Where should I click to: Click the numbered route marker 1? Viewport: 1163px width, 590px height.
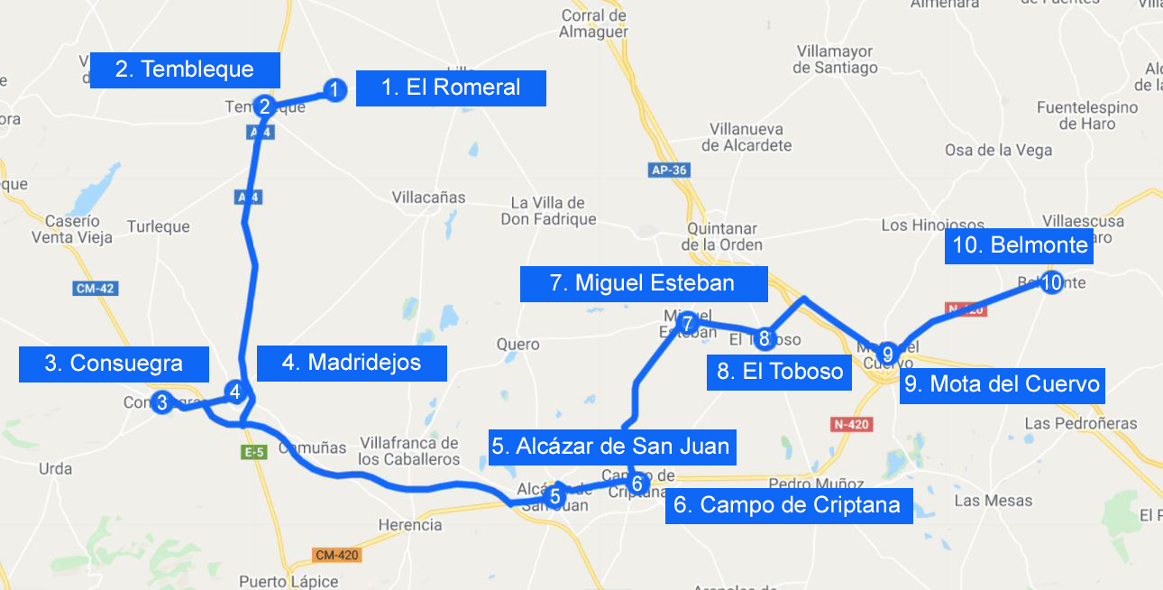tap(334, 89)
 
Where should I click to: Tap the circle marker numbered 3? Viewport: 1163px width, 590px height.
tap(162, 402)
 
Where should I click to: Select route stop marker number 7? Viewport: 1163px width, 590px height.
tap(687, 323)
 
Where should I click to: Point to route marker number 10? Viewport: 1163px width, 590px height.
tap(1051, 282)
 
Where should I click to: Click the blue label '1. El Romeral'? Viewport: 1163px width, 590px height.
tap(451, 88)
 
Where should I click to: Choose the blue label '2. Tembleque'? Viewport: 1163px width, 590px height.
tap(185, 69)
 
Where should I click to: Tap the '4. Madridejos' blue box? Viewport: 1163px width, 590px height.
tap(352, 363)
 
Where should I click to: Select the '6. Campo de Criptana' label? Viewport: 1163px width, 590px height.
tap(788, 505)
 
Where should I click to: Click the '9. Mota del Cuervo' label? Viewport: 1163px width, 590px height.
tap(1003, 384)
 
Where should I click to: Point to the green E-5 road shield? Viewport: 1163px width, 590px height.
tap(254, 453)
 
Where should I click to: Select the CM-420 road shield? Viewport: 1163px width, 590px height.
tap(337, 555)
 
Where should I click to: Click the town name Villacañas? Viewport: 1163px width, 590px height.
tap(429, 198)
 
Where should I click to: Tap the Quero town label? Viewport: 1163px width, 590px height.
tap(518, 344)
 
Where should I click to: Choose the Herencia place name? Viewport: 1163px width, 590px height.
tap(410, 525)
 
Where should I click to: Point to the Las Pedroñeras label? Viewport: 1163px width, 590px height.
tap(1081, 423)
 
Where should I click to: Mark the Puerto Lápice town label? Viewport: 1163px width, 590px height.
tap(288, 582)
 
